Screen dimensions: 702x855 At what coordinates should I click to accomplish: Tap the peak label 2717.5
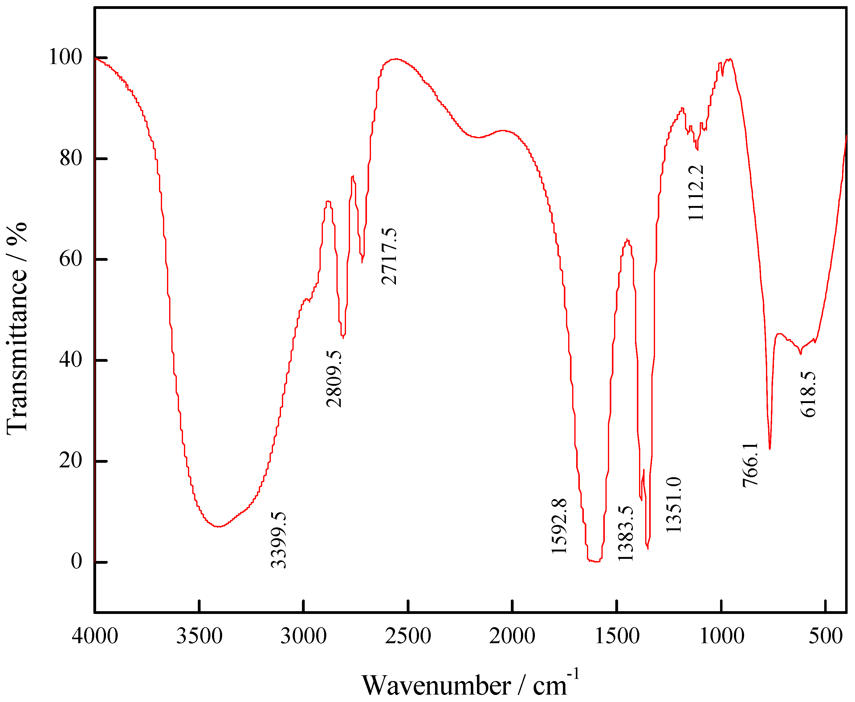(389, 256)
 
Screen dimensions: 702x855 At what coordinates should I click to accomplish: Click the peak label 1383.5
(625, 533)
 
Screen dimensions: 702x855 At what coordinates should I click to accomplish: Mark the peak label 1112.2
(696, 193)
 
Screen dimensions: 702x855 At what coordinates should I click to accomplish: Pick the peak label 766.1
(751, 465)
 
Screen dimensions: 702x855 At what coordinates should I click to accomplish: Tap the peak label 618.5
(808, 394)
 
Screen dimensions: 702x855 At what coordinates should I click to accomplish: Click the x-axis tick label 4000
(95, 636)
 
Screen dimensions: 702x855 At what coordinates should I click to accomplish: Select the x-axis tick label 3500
(199, 636)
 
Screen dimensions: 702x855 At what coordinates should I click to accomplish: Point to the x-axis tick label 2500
(408, 636)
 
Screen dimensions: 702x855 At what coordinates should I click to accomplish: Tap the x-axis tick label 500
(825, 636)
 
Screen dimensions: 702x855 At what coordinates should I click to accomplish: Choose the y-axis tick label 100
(66, 57)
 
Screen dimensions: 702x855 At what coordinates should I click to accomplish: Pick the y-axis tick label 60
(71, 259)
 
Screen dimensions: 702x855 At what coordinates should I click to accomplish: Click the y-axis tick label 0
(76, 561)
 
